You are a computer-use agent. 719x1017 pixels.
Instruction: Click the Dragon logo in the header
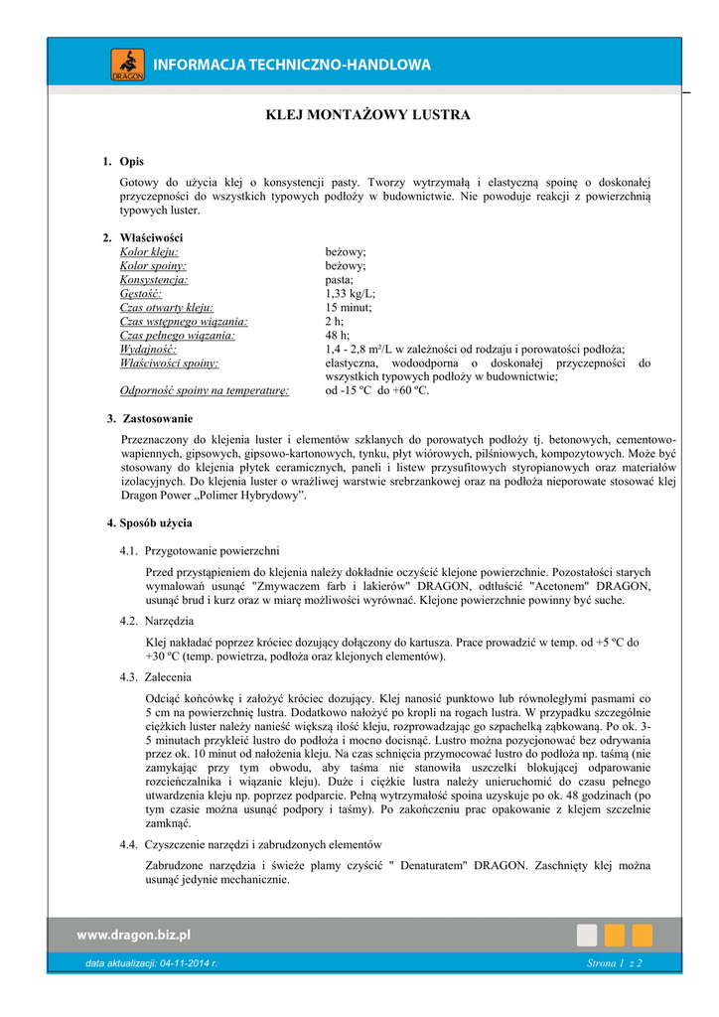(127, 65)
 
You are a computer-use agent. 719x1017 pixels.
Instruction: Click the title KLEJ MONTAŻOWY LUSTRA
(367, 115)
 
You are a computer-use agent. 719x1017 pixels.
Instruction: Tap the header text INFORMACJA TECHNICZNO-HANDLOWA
(293, 66)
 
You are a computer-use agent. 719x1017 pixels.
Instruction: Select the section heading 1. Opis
(124, 161)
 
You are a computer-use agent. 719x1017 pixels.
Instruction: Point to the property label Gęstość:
(141, 294)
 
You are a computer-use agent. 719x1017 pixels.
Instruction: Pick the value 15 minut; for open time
(349, 308)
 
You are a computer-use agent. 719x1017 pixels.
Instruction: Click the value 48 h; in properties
(338, 336)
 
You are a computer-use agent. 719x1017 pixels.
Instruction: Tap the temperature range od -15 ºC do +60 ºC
(377, 391)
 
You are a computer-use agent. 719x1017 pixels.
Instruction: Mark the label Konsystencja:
(154, 280)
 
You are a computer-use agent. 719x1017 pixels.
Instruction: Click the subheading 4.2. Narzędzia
(157, 621)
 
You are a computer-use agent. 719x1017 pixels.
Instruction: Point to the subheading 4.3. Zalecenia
(156, 676)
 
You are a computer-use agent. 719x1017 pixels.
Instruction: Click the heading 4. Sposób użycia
(150, 522)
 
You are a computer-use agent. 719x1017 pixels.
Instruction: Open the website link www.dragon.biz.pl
(134, 935)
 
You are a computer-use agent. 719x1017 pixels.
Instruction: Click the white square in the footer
(587, 936)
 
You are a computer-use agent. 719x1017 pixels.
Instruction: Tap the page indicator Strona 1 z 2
(615, 964)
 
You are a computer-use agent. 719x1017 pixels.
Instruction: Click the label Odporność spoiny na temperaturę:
(205, 391)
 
